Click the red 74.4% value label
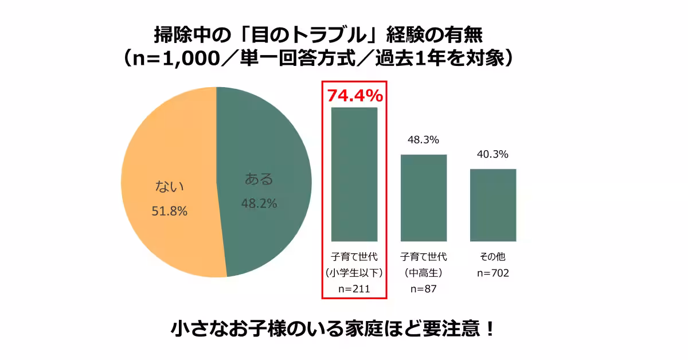tap(354, 95)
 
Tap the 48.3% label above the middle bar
tap(423, 139)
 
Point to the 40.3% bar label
tap(492, 154)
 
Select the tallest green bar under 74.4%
tap(354, 174)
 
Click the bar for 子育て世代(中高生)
tap(423, 198)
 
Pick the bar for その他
tap(492, 205)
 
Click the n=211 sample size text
tap(354, 289)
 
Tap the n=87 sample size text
tap(423, 289)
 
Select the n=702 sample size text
tap(492, 273)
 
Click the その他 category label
tap(492, 256)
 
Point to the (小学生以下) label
tap(354, 273)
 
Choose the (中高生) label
tap(423, 273)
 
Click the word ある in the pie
tap(259, 179)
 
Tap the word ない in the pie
tap(170, 186)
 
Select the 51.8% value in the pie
tap(170, 211)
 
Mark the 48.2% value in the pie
tap(259, 203)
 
